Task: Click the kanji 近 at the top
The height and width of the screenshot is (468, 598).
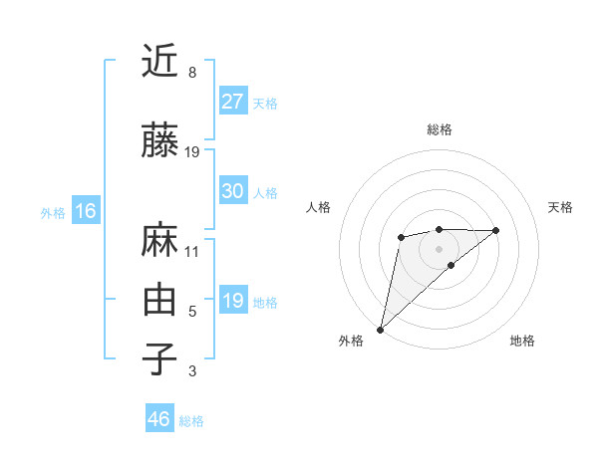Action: pyautogui.click(x=159, y=61)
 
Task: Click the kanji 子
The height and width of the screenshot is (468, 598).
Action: pyautogui.click(x=159, y=358)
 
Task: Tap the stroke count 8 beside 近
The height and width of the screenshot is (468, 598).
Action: pyautogui.click(x=192, y=73)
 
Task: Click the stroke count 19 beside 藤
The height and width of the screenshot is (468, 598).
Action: pyautogui.click(x=193, y=151)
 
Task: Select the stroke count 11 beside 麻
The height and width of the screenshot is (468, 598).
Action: pyautogui.click(x=192, y=251)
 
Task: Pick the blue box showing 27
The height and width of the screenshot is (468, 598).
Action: pyautogui.click(x=232, y=102)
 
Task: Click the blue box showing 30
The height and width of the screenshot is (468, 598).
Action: pyautogui.click(x=232, y=191)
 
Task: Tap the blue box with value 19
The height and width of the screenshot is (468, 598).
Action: pyautogui.click(x=232, y=301)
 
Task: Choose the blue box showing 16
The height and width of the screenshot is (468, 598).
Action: pyautogui.click(x=85, y=211)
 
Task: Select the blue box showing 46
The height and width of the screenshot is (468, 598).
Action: pyautogui.click(x=158, y=419)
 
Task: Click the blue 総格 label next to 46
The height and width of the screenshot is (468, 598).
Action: pyautogui.click(x=191, y=421)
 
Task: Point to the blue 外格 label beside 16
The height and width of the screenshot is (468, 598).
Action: pyautogui.click(x=53, y=212)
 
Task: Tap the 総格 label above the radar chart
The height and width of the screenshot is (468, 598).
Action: pyautogui.click(x=439, y=129)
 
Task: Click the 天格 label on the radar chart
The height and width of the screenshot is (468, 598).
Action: pyautogui.click(x=560, y=207)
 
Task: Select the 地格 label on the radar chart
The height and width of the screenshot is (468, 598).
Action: pyautogui.click(x=522, y=341)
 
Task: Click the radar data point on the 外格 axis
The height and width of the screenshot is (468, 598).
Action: pyautogui.click(x=380, y=329)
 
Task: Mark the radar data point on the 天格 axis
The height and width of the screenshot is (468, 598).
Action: pyautogui.click(x=496, y=231)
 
